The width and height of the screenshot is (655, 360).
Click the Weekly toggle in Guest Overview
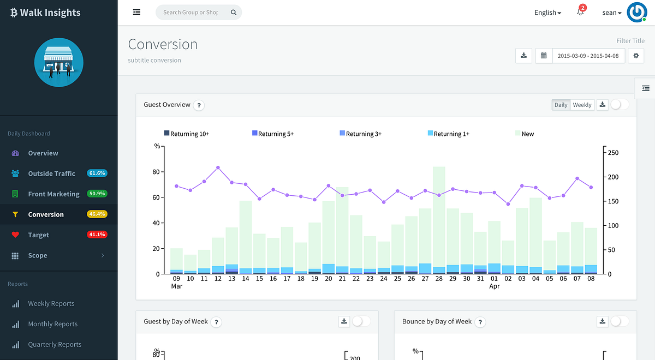582,105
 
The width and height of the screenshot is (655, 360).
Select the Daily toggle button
561,105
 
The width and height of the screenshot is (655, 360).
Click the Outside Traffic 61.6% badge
97,173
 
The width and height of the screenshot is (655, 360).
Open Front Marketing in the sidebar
54,194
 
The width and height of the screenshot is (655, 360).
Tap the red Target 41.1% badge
97,235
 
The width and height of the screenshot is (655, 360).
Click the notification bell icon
580,12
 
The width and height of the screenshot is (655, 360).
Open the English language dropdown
547,13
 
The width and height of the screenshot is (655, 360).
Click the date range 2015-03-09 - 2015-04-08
588,56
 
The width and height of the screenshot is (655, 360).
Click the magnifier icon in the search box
234,12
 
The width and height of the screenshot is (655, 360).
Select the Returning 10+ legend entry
187,134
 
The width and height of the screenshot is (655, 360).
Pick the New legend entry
525,134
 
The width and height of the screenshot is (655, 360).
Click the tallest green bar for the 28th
439,216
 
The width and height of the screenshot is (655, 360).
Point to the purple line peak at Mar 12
218,168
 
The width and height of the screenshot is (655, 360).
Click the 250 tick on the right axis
613,153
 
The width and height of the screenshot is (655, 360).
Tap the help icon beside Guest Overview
199,105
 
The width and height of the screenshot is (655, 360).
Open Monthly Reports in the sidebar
52,324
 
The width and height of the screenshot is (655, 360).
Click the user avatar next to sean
636,12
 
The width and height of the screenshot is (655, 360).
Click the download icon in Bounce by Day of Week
603,321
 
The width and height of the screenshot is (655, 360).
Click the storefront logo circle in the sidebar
59,62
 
